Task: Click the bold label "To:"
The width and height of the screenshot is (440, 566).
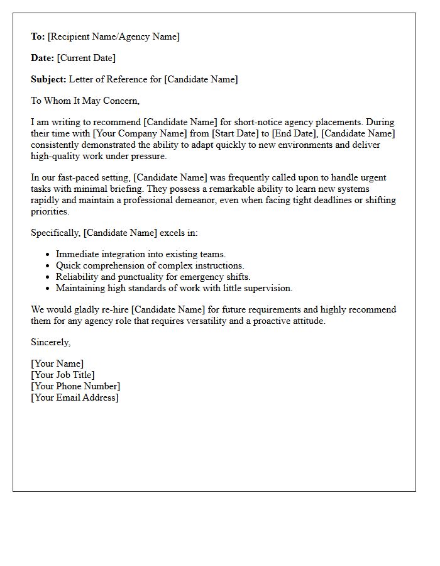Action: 38,36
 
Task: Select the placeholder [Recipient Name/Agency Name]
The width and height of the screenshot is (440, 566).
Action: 114,36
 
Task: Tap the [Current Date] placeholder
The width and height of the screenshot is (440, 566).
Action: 86,58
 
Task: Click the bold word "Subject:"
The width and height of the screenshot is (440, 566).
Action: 48,79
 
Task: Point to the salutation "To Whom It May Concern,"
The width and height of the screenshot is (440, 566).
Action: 85,101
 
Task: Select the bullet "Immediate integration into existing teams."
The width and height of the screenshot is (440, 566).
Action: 141,254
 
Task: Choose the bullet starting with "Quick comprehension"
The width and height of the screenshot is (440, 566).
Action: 150,265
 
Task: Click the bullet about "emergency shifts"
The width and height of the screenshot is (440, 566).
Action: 153,277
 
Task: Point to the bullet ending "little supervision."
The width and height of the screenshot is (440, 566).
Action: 174,288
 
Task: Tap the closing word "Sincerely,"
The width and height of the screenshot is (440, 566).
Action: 51,342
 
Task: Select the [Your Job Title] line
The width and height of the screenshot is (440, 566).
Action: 63,375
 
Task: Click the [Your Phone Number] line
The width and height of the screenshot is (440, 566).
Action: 75,386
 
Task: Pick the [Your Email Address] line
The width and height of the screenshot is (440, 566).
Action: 75,397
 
